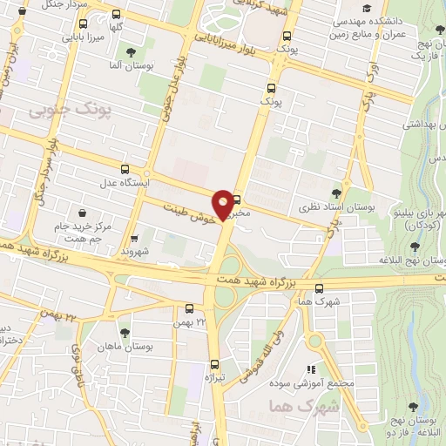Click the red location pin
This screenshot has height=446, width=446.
pyautogui.click(x=225, y=205)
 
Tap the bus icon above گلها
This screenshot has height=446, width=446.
pyautogui.click(x=116, y=15)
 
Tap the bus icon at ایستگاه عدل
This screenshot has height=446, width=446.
pyautogui.click(x=125, y=169)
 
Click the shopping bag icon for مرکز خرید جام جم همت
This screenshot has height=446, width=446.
pyautogui.click(x=83, y=213)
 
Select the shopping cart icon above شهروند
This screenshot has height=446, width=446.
pyautogui.click(x=133, y=238)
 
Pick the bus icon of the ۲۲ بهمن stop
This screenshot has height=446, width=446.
pyautogui.click(x=190, y=307)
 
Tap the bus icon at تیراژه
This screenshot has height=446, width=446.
pyautogui.click(x=213, y=364)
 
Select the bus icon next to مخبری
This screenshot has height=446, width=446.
pyautogui.click(x=236, y=200)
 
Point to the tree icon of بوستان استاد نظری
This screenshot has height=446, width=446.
pyautogui.click(x=337, y=193)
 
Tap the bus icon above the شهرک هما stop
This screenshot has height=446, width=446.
pyautogui.click(x=319, y=288)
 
